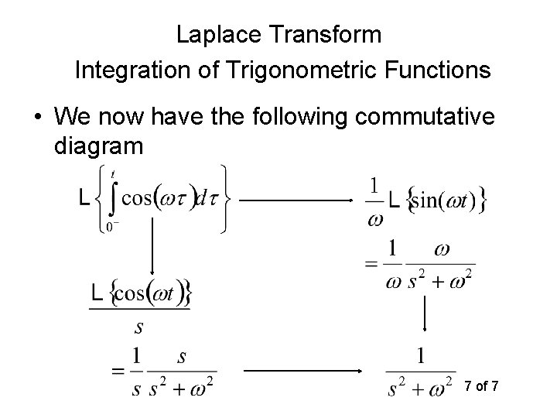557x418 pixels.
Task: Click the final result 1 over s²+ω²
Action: point(419,374)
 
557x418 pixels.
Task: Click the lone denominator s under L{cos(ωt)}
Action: point(138,327)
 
